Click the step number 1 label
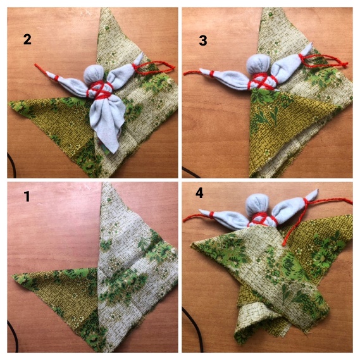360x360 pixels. (27, 196)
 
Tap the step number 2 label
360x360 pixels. (27, 39)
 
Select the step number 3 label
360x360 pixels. (203, 40)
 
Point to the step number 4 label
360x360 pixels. (199, 194)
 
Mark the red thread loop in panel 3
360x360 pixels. (324, 61)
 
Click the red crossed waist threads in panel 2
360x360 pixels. (100, 90)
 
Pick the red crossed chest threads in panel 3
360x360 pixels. (261, 82)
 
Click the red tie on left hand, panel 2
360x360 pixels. (56, 78)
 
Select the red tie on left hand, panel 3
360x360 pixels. (212, 74)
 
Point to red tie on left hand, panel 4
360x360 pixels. (211, 215)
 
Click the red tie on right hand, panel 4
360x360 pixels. (306, 202)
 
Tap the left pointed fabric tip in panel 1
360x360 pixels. (13, 275)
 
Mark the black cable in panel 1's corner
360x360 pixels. (13, 337)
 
